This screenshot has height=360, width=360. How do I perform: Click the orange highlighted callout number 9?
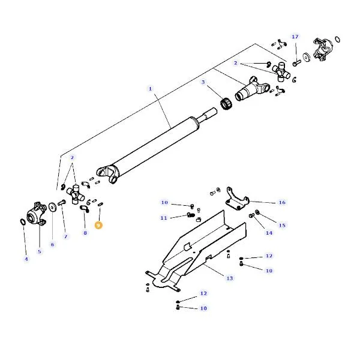pos(98,225)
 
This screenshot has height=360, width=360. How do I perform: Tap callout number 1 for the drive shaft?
pos(151,89)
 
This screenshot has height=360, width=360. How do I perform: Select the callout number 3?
pos(203,82)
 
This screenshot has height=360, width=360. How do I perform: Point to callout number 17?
pos(295,37)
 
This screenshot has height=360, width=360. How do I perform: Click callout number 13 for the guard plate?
pos(230,278)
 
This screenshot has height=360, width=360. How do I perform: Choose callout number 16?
pos(282,202)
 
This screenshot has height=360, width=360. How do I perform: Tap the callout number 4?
pos(26,259)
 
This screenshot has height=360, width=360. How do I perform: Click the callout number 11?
pos(164,218)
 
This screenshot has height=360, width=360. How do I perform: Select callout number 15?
pos(282,225)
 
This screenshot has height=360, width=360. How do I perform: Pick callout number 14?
pos(269,233)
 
